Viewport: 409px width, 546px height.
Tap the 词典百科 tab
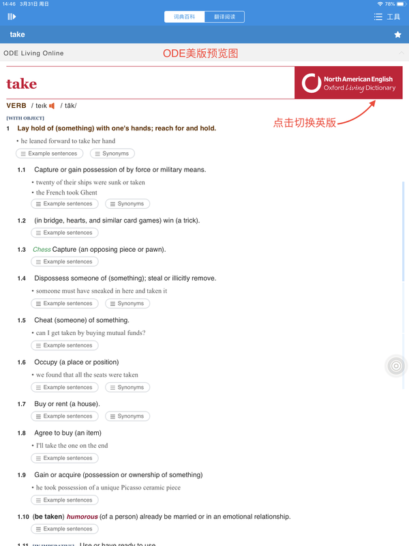(184, 16)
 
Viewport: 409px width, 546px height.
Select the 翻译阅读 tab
(224, 16)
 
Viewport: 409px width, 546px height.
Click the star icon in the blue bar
(398, 35)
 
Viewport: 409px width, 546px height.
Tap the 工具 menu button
(387, 16)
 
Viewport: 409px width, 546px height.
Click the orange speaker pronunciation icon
(52, 106)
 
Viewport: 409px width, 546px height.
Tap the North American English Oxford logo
(348, 83)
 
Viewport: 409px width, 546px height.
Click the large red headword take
(22, 84)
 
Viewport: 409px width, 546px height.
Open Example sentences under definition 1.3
(65, 261)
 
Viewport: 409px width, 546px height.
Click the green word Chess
(42, 249)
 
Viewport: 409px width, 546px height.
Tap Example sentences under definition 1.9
(65, 500)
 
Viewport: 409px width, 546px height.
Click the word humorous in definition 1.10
(82, 517)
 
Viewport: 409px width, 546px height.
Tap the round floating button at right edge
(396, 367)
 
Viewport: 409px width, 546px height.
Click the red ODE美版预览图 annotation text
(200, 53)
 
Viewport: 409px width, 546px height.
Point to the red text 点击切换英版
(305, 123)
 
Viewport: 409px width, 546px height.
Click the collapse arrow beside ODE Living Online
(402, 53)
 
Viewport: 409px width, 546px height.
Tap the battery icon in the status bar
(402, 4)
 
